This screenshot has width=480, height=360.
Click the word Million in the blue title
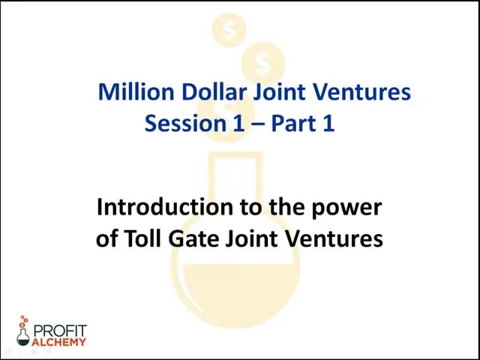[x=136, y=91]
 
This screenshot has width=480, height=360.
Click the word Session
[x=185, y=123]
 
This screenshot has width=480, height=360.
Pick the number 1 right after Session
[x=238, y=123]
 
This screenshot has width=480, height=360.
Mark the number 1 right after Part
[x=328, y=123]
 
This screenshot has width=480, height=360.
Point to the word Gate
[x=194, y=238]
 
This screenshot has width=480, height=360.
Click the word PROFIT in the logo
[x=60, y=331]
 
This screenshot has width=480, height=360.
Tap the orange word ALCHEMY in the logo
[x=58, y=342]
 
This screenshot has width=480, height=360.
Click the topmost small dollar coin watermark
[x=229, y=30]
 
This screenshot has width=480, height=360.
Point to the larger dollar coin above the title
[x=263, y=64]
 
